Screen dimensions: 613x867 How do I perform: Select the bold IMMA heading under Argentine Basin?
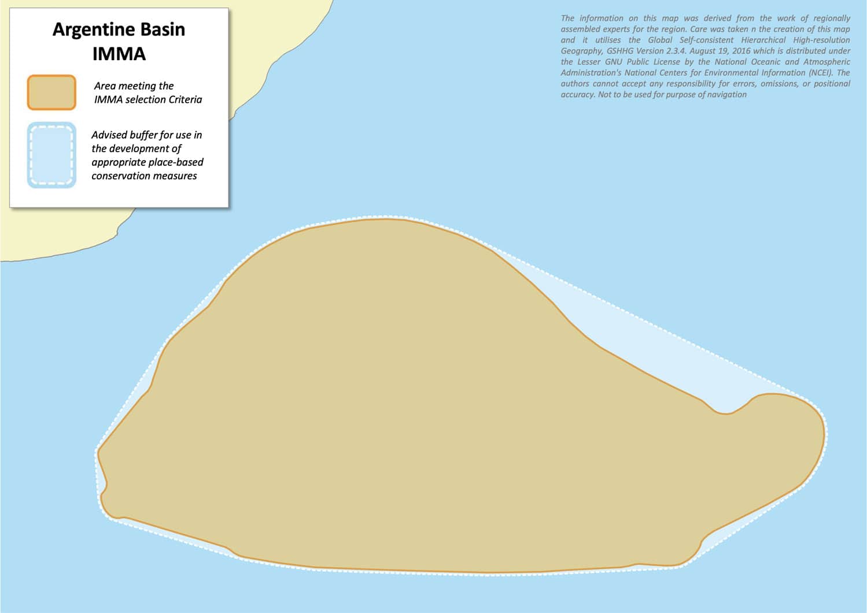(x=119, y=54)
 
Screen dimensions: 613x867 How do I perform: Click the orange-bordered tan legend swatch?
(x=51, y=93)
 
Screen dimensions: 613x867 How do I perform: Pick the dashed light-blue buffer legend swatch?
(x=51, y=155)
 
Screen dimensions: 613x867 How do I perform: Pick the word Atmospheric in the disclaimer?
(x=827, y=62)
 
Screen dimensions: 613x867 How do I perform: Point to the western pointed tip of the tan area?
(x=99, y=450)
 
